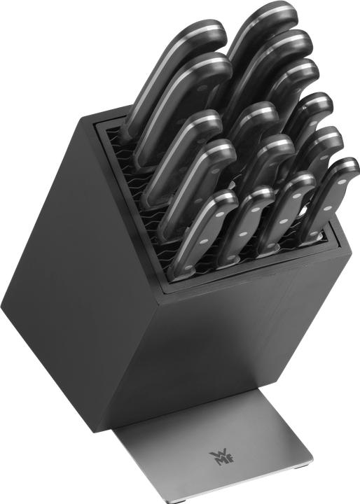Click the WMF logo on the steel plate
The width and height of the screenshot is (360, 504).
coord(222,458)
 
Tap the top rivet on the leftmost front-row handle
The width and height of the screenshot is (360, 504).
coord(220,214)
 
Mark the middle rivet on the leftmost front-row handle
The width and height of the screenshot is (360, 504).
coord(202,241)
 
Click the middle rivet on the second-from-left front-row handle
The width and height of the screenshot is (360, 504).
coord(242,234)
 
